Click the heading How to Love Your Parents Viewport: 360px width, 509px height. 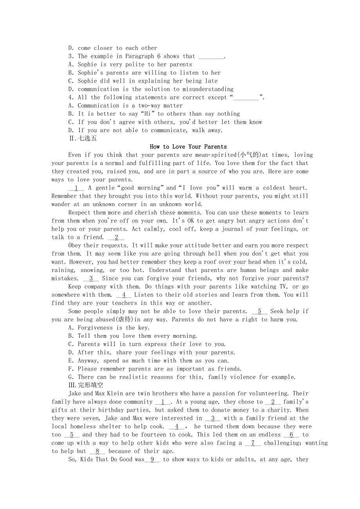pos(188,147)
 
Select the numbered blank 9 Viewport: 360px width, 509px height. pos(152,459)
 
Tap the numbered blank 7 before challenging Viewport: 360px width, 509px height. pos(253,443)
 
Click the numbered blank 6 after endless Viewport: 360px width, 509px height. pos(291,434)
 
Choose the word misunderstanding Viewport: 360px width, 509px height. pos(205,89)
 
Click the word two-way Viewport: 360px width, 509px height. pos(149,106)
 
